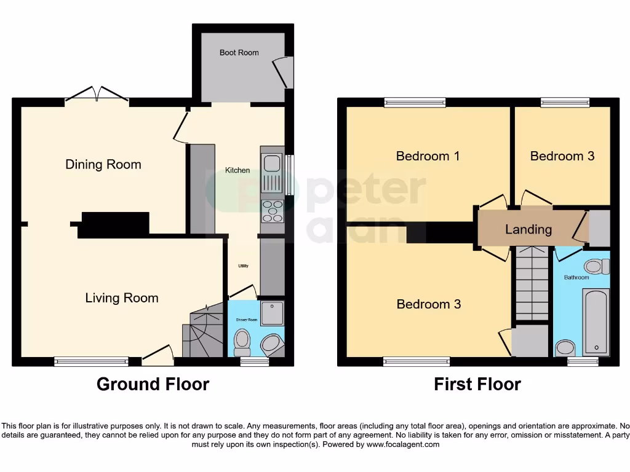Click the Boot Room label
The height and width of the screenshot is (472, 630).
pyautogui.click(x=239, y=53)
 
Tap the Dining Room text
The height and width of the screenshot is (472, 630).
pyautogui.click(x=103, y=164)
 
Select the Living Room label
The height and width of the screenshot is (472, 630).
pyautogui.click(x=122, y=298)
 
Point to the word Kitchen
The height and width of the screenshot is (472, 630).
pyautogui.click(x=237, y=170)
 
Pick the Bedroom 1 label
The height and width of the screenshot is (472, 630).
pyautogui.click(x=428, y=156)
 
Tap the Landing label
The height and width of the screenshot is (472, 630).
pyautogui.click(x=528, y=229)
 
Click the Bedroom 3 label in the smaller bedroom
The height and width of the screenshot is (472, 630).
pyautogui.click(x=562, y=156)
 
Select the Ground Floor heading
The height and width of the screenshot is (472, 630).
pyautogui.click(x=153, y=385)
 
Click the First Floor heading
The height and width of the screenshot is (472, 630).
pyautogui.click(x=477, y=385)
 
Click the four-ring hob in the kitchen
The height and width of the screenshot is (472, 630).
pyautogui.click(x=273, y=211)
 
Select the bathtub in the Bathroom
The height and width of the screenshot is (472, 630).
pyautogui.click(x=596, y=321)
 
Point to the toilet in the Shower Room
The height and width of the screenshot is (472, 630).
pyautogui.click(x=242, y=342)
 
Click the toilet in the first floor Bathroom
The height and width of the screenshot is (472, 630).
pyautogui.click(x=595, y=266)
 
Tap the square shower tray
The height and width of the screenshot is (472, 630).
pyautogui.click(x=272, y=313)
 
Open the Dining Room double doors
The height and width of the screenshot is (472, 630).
pyautogui.click(x=97, y=95)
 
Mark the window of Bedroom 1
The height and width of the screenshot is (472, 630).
pyautogui.click(x=415, y=103)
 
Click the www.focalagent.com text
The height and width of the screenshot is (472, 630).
pyautogui.click(x=404, y=444)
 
